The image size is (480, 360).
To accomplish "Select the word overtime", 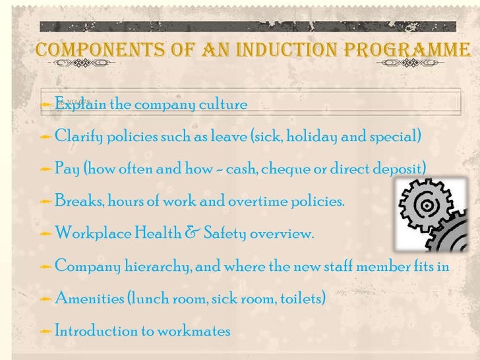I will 260,201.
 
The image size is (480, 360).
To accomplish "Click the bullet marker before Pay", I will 45,169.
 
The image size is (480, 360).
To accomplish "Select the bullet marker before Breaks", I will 45,202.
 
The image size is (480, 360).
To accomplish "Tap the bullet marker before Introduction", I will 45,331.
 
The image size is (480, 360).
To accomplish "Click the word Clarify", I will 77,137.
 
